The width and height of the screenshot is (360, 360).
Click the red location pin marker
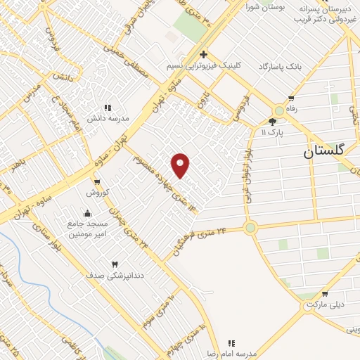point(181,165)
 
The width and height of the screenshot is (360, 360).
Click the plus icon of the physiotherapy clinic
point(203,54)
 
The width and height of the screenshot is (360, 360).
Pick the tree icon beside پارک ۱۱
point(272,122)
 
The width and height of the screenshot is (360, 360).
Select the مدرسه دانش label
point(108,118)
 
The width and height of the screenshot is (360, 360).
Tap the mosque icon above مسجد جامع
point(86,213)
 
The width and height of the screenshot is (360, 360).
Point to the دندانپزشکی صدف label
point(114,275)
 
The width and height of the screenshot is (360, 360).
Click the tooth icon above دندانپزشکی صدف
point(114,264)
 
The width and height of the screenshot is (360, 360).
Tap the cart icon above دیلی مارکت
point(324,294)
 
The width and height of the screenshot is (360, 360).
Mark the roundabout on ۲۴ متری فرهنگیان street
point(250,227)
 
